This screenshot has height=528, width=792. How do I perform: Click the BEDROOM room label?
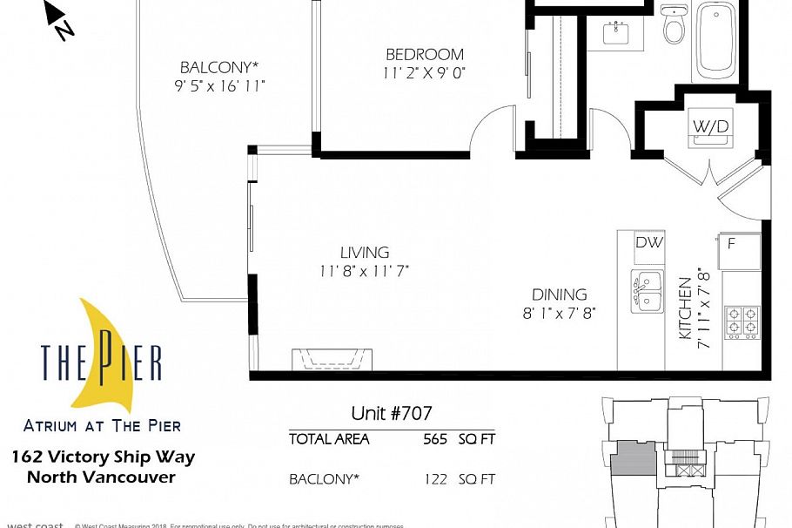[425, 55]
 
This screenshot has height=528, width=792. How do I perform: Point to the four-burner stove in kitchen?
[742, 321]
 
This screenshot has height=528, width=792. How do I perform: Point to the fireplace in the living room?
[332, 359]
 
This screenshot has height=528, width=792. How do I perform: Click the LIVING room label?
[364, 253]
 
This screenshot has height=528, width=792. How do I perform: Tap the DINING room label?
[560, 294]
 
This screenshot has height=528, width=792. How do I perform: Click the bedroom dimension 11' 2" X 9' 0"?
[425, 74]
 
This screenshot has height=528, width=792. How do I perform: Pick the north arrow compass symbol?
[59, 22]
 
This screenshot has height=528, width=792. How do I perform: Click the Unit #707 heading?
[391, 413]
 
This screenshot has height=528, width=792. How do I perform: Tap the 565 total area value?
[435, 439]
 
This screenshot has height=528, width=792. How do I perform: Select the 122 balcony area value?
[435, 479]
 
